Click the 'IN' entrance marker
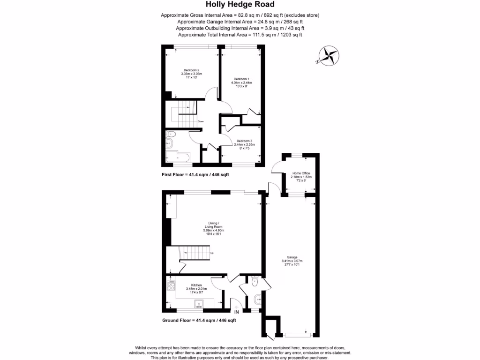coord(237,312)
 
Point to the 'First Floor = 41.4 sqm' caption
coord(195,174)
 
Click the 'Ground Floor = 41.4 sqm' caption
coord(199,321)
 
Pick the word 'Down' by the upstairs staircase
coord(201,121)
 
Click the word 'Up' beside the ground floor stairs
coord(212,254)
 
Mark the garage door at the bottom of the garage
coord(298,334)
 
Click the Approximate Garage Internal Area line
coord(240,22)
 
